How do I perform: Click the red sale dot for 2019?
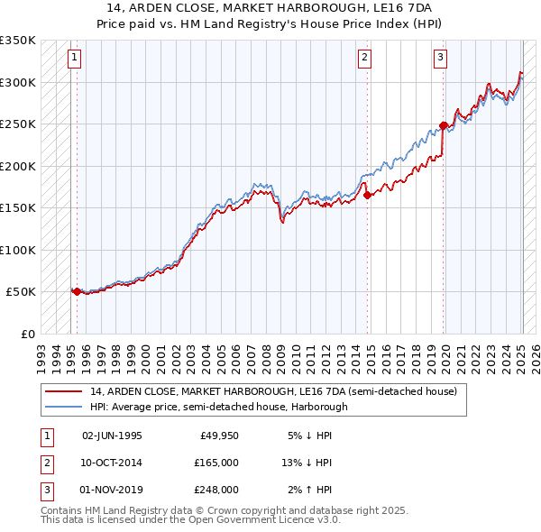(444, 125)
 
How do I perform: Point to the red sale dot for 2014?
(367, 195)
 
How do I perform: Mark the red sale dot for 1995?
(77, 291)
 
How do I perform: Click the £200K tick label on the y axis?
(18, 166)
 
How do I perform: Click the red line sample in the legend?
(65, 392)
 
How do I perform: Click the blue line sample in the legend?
(65, 407)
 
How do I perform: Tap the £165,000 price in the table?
(217, 463)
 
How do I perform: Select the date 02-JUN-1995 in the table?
(112, 436)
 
